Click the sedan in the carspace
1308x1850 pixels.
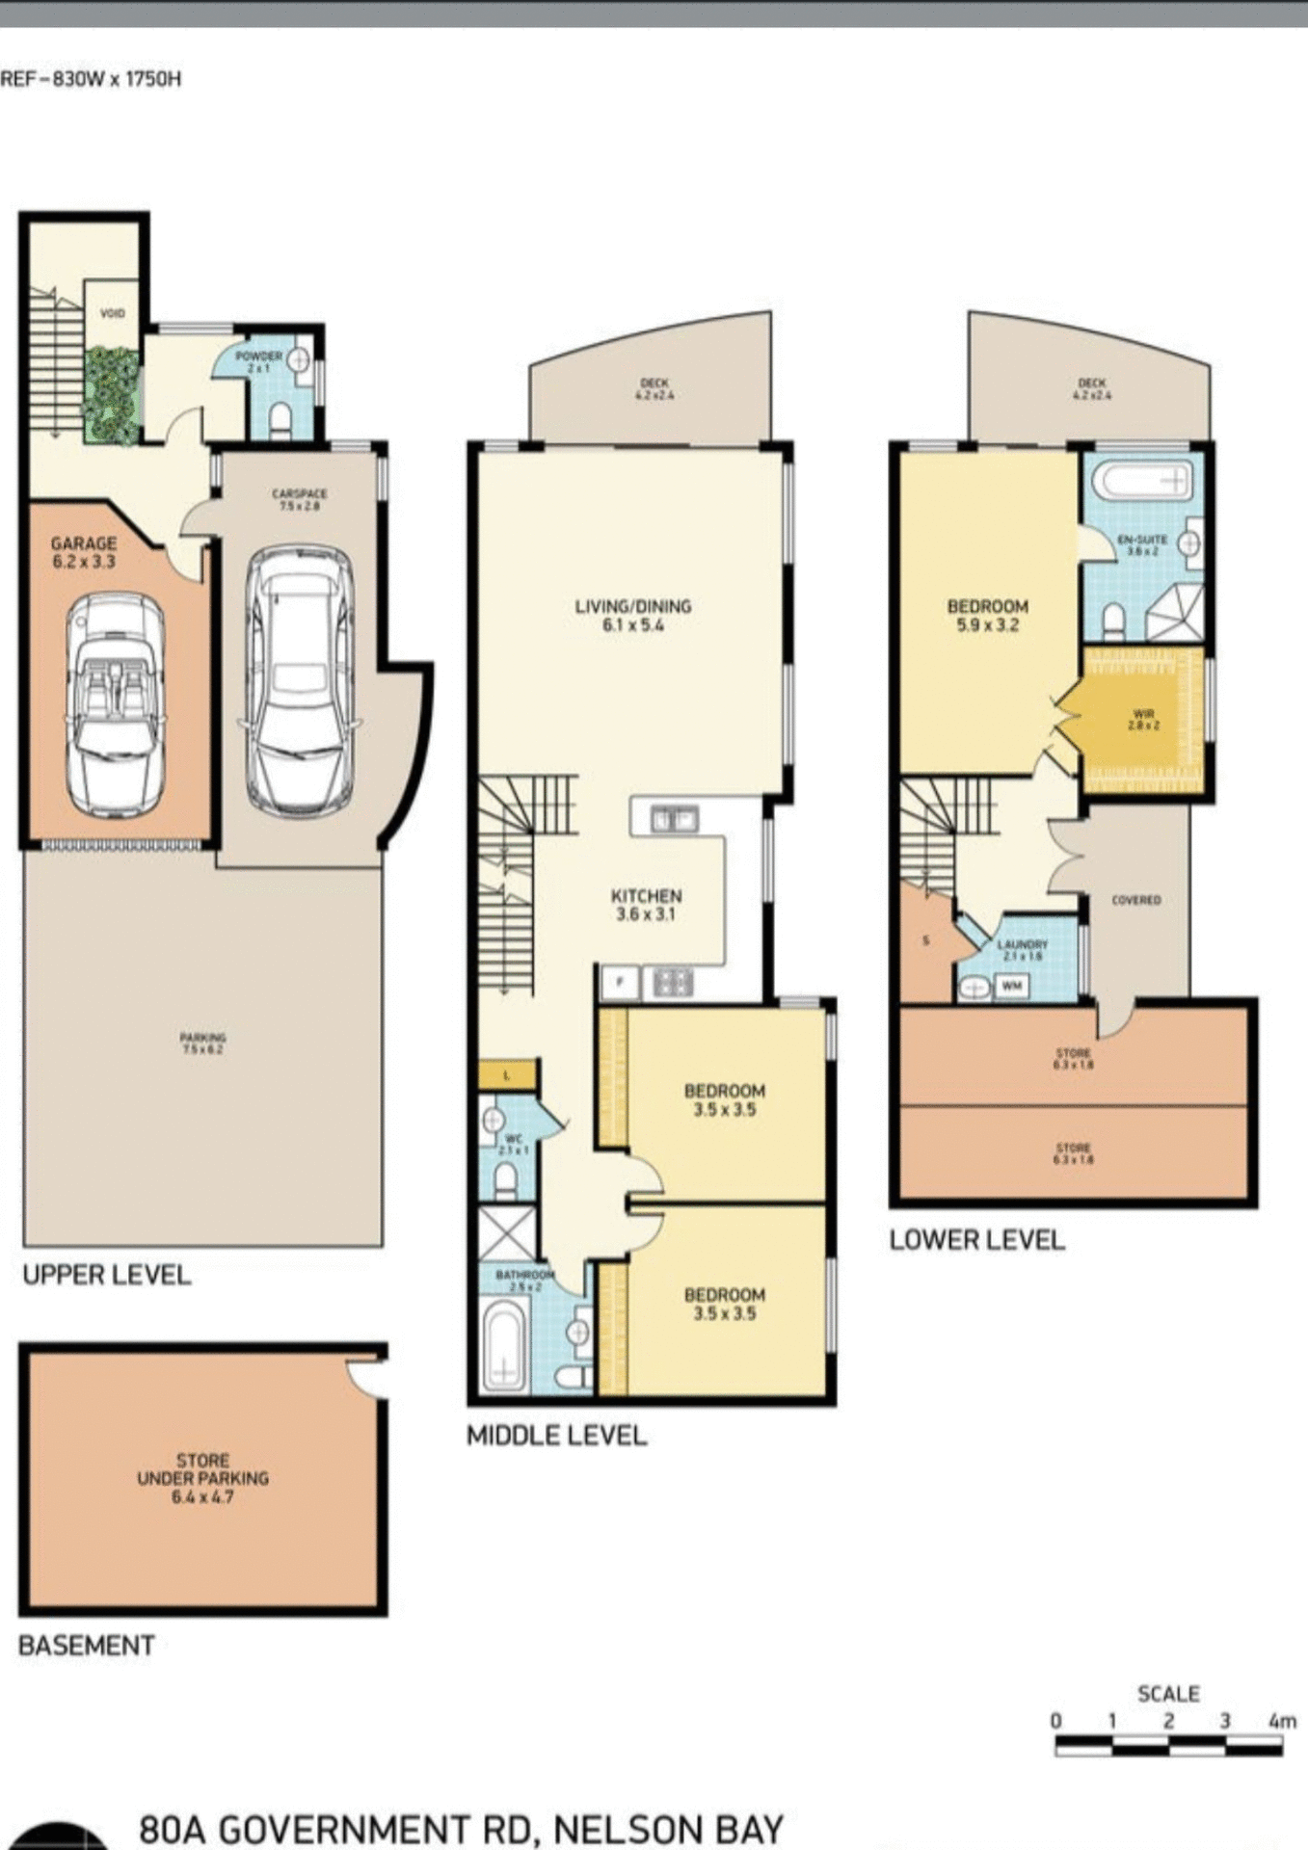point(299,679)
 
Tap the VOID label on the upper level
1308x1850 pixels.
point(113,313)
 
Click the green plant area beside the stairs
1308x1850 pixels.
point(111,396)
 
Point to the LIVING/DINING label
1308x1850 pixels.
point(633,615)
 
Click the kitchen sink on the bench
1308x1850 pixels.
point(675,820)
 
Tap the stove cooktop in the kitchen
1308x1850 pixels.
point(672,983)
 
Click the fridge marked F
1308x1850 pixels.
point(620,983)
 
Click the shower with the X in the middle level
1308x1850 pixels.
point(507,1231)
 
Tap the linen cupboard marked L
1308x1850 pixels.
point(507,1075)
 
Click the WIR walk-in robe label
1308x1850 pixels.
point(1143,719)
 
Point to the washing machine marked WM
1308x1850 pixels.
point(1011,986)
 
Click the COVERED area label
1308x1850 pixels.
point(1135,900)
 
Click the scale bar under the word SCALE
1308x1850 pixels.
point(1168,1745)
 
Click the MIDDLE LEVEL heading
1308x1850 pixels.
point(556,1436)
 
